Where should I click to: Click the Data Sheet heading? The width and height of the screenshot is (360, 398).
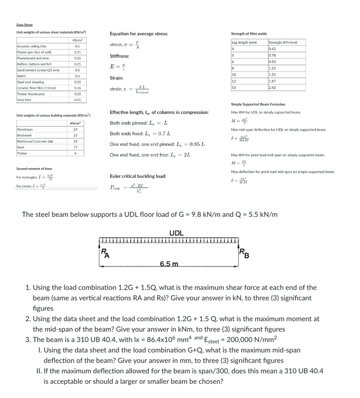pos(25,26)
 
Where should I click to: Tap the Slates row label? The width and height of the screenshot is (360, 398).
pos(21,76)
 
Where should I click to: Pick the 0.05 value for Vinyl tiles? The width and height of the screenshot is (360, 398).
pos(78,101)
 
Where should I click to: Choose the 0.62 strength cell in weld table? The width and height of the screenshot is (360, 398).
pos(272,48)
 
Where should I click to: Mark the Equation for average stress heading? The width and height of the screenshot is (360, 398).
pos(138,33)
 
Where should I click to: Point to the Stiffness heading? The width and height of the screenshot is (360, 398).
pos(119,56)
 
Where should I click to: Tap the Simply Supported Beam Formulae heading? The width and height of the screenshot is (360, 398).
pos(259,104)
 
